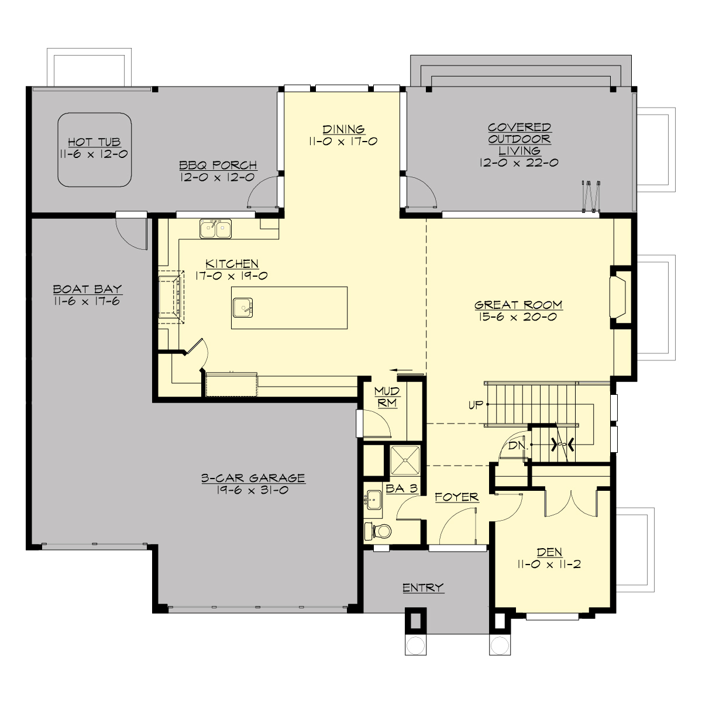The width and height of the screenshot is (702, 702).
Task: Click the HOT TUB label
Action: (94, 142)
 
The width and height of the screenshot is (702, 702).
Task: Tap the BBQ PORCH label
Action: (219, 166)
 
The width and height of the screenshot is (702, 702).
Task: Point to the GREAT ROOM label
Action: (518, 305)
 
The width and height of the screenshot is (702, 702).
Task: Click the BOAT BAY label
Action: (87, 289)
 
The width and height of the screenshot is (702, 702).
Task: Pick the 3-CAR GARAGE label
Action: (253, 478)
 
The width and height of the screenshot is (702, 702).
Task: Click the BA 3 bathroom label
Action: (401, 488)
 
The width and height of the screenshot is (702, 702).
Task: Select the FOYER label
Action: (457, 497)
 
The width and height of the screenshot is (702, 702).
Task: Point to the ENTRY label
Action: (423, 587)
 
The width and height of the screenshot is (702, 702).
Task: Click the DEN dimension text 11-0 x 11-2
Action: (549, 565)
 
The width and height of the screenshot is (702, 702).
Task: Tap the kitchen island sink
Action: (243, 307)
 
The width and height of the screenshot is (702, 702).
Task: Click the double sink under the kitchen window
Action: (215, 229)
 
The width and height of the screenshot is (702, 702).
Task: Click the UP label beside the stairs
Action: (476, 404)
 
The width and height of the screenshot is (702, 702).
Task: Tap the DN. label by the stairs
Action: (517, 445)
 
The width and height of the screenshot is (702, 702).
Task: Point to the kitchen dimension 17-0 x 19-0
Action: (232, 276)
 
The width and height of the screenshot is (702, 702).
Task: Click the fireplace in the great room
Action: (620, 297)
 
